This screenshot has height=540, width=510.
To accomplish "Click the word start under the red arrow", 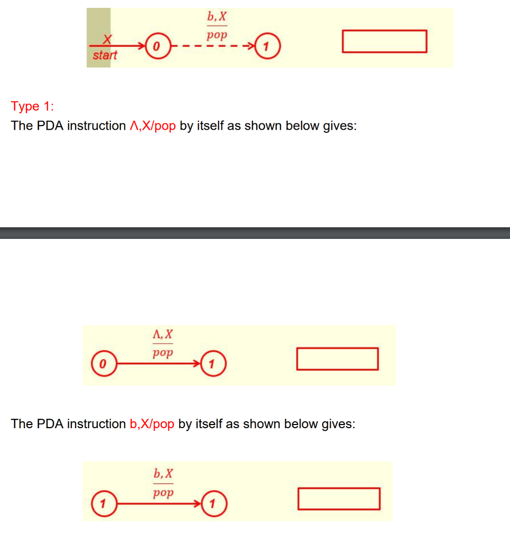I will (105, 55).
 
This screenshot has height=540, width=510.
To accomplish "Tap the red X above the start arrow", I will (107, 39).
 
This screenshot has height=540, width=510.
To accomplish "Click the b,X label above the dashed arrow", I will (216, 18).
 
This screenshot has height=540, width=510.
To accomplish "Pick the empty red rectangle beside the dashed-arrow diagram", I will (384, 41).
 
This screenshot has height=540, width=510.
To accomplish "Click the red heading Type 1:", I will (32, 106).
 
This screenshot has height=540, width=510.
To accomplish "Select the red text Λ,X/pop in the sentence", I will (152, 126).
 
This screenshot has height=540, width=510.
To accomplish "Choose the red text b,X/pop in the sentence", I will (152, 424).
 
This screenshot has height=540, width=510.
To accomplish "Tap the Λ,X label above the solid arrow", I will (162, 334).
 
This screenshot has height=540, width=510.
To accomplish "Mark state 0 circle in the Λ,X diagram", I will (104, 364).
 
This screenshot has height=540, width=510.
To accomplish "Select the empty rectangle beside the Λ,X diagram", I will (337, 359).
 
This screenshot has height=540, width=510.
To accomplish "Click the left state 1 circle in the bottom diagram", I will (104, 503).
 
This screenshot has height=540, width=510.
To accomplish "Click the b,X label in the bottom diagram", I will (163, 473).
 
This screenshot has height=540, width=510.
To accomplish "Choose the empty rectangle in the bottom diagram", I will (338, 499).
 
